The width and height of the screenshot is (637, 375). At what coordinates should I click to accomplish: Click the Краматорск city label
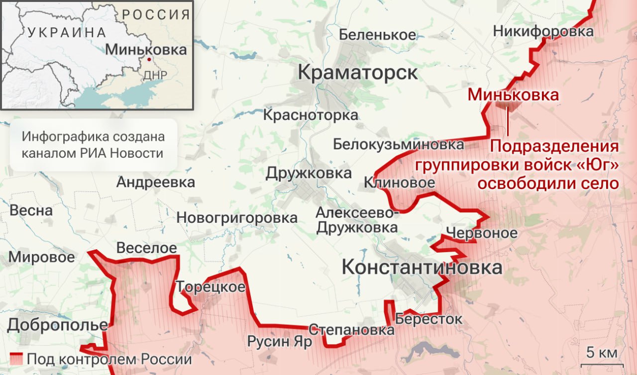point(357,73)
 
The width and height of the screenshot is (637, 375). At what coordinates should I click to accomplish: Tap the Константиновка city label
point(422,268)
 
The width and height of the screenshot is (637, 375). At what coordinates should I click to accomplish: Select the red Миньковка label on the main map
point(513,95)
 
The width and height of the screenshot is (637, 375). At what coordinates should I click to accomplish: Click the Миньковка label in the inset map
point(146,49)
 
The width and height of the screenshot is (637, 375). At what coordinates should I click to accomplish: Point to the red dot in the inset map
point(149,59)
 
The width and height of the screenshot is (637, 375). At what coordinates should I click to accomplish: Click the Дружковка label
point(308,174)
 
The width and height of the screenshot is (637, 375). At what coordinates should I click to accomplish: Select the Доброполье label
point(57,325)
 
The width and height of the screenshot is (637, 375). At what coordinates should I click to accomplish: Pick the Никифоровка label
point(543,31)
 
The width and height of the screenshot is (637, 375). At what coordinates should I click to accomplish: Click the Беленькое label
point(377,35)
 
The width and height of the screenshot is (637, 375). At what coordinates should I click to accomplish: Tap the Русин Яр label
point(280,342)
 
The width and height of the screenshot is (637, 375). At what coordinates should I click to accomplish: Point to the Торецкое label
point(211,287)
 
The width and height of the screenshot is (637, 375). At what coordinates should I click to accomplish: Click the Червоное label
point(481,233)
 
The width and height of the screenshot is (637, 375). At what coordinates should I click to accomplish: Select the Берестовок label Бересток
point(428,319)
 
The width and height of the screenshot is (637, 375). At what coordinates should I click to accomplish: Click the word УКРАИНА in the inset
point(67,33)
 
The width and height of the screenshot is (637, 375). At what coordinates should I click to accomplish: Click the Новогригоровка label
point(237,217)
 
